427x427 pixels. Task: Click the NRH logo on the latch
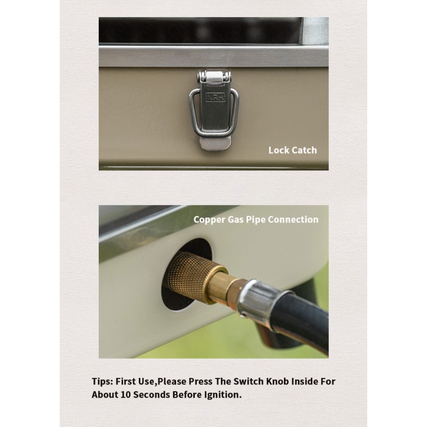coord(215,98)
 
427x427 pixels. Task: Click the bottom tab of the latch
coord(216,143)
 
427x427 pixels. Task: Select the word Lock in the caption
coord(278,150)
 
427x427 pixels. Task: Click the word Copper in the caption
coord(209,220)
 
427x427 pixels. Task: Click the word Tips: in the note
coord(102,382)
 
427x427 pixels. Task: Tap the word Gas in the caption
coord(236,219)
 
